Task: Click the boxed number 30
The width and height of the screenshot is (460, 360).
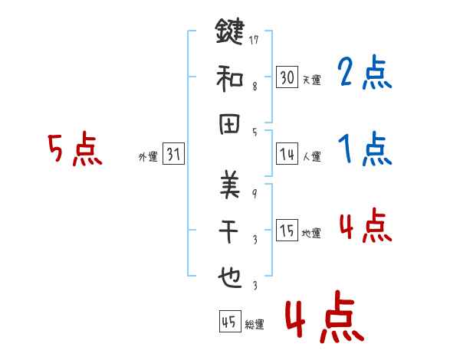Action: (x=287, y=77)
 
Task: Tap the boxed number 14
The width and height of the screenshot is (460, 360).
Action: (x=287, y=154)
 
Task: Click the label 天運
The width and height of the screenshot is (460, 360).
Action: (x=311, y=80)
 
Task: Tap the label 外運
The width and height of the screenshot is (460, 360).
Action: (x=148, y=157)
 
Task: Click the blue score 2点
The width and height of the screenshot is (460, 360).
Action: (x=364, y=74)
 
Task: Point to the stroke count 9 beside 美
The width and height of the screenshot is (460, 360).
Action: (x=255, y=192)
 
